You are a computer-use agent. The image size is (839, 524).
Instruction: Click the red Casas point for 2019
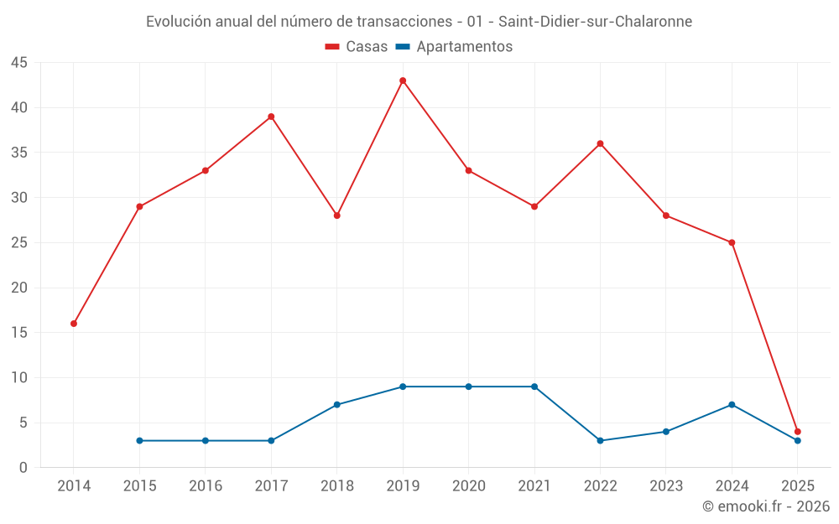click(x=403, y=80)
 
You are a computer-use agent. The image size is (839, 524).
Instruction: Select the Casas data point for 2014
click(x=74, y=324)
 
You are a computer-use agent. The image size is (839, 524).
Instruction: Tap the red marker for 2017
click(x=271, y=117)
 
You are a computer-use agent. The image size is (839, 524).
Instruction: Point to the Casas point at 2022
click(x=600, y=143)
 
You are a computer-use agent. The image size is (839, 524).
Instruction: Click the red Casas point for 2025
click(x=798, y=432)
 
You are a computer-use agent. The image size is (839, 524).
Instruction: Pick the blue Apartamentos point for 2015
click(x=139, y=441)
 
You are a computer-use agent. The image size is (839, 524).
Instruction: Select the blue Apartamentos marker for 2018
click(x=337, y=405)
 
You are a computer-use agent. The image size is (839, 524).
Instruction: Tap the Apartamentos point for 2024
click(x=732, y=405)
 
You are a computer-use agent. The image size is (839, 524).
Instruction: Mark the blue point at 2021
click(x=534, y=387)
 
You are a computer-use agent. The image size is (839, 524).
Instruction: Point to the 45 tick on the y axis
click(x=19, y=63)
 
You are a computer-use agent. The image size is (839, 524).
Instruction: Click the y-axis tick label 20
click(x=19, y=288)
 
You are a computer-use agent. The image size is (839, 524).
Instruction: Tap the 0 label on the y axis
click(x=23, y=468)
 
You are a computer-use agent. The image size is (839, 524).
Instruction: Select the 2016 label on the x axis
click(x=206, y=486)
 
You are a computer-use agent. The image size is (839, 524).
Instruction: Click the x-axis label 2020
click(x=469, y=486)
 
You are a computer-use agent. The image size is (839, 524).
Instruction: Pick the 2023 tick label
click(x=666, y=486)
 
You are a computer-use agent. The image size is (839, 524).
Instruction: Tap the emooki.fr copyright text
click(x=766, y=506)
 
